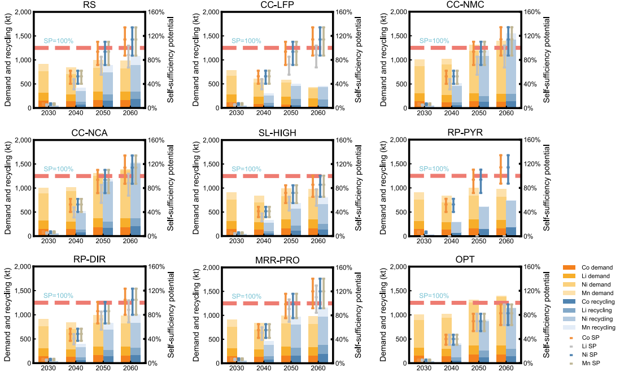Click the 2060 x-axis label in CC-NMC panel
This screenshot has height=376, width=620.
pyautogui.click(x=506, y=114)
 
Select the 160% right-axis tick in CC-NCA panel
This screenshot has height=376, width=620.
pyautogui.click(x=155, y=140)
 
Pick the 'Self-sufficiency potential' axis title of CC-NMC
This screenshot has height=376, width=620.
pyautogui.click(x=546, y=59)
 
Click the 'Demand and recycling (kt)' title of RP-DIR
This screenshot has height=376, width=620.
pyautogui.click(x=7, y=314)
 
